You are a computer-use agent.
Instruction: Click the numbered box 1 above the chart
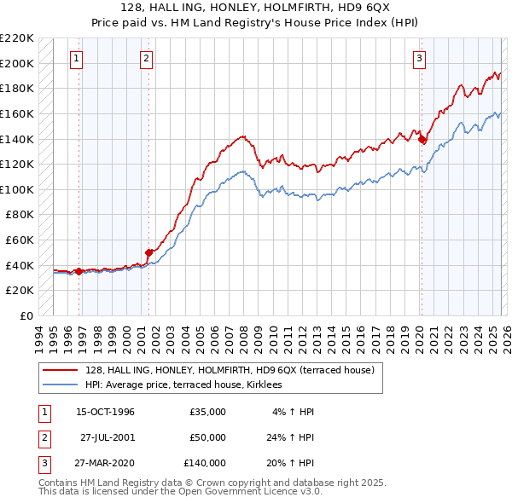pyautogui.click(x=78, y=59)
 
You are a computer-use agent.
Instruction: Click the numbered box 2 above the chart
pyautogui.click(x=147, y=59)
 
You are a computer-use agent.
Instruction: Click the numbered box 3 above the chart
pyautogui.click(x=420, y=59)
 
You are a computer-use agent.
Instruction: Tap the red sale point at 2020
pyautogui.click(x=422, y=139)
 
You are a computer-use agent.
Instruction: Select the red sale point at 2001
pyautogui.click(x=148, y=252)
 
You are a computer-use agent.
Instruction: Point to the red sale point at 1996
pyautogui.click(x=79, y=271)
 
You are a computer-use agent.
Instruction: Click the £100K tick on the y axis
pyautogui.click(x=18, y=189)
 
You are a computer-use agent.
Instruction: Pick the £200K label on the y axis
pyautogui.click(x=18, y=63)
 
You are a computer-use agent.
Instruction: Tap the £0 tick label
pyautogui.click(x=25, y=315)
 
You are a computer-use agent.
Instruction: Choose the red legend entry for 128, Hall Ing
pyautogui.click(x=229, y=370)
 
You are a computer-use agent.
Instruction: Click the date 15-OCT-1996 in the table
pyautogui.click(x=105, y=412)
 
